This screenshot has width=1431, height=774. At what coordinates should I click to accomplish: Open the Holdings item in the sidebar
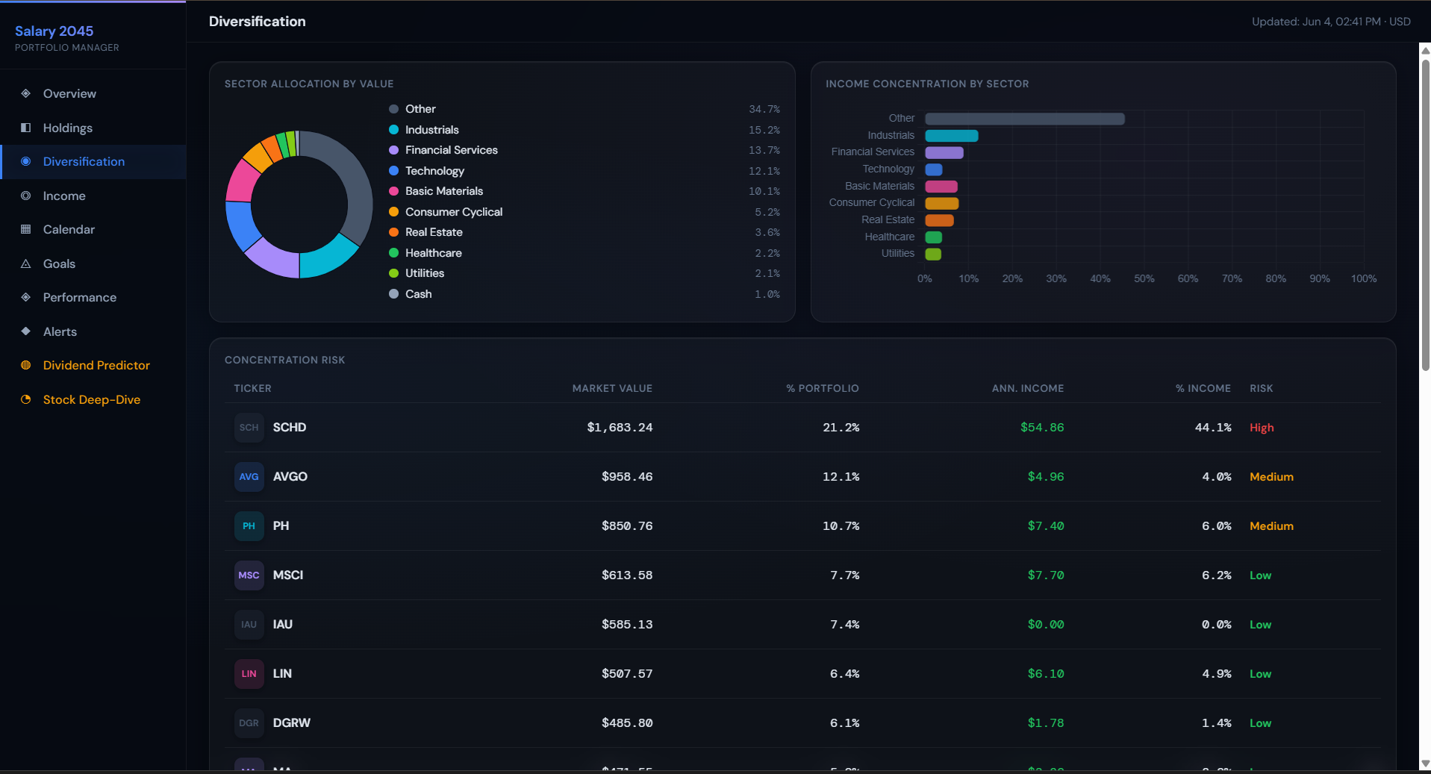point(67,128)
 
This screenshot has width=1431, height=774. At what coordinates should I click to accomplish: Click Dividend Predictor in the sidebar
point(96,365)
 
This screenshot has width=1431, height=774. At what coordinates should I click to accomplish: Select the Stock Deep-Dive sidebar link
point(92,399)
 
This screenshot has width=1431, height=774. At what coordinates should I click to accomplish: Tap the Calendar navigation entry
point(69,229)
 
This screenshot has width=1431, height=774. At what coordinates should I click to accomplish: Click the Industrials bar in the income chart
point(952,136)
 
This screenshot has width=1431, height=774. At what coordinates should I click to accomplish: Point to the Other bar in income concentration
point(1025,119)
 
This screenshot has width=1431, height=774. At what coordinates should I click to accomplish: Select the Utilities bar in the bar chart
point(933,254)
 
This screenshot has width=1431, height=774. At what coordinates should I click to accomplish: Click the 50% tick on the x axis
point(1144,278)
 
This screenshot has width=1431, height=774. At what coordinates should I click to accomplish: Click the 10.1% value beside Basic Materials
point(764,192)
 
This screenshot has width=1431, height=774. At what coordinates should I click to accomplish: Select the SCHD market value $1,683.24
point(620,428)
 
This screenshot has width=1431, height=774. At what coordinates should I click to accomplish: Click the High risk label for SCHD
point(1262,428)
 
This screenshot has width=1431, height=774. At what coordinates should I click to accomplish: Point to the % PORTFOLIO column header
point(822,388)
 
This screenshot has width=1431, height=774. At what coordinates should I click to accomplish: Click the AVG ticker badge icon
point(249,477)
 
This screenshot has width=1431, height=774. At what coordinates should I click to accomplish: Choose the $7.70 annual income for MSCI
point(1046,575)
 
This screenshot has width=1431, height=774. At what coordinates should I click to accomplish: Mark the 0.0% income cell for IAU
point(1217,625)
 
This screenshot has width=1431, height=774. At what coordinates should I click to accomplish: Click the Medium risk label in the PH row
point(1271,526)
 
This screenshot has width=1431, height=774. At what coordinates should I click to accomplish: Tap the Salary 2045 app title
point(54,31)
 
